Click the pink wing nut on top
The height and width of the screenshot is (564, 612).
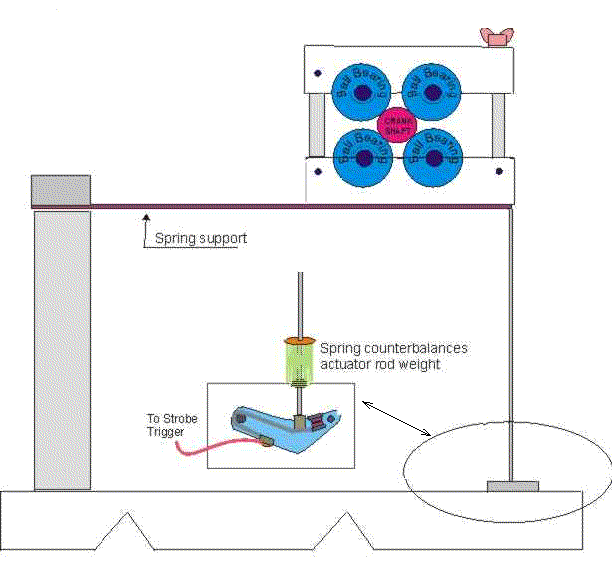tap(494, 37)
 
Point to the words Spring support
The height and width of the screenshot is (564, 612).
tap(200, 239)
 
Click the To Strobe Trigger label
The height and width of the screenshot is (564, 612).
tap(172, 425)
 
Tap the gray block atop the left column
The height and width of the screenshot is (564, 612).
tap(61, 189)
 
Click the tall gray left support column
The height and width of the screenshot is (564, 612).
tap(62, 348)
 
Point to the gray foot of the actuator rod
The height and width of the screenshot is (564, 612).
tap(511, 486)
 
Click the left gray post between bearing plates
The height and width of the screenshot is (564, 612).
tap(316, 125)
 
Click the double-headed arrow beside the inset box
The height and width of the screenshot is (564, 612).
tap(395, 419)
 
